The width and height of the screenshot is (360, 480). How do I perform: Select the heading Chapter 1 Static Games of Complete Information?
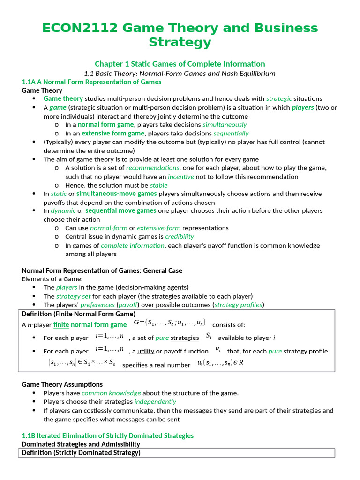coord(180,64)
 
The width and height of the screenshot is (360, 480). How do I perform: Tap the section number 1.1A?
coord(31,82)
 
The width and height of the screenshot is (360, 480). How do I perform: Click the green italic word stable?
coord(158,185)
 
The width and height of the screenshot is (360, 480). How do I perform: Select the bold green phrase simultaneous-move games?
coord(117,194)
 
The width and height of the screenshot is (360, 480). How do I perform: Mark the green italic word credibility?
coord(179,237)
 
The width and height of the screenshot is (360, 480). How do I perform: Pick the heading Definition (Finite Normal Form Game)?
coord(79,314)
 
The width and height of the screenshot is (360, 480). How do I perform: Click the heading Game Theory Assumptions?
coord(62,384)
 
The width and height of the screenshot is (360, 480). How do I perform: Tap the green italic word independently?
coord(155,402)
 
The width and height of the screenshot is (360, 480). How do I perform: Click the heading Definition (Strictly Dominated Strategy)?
coord(81,453)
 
